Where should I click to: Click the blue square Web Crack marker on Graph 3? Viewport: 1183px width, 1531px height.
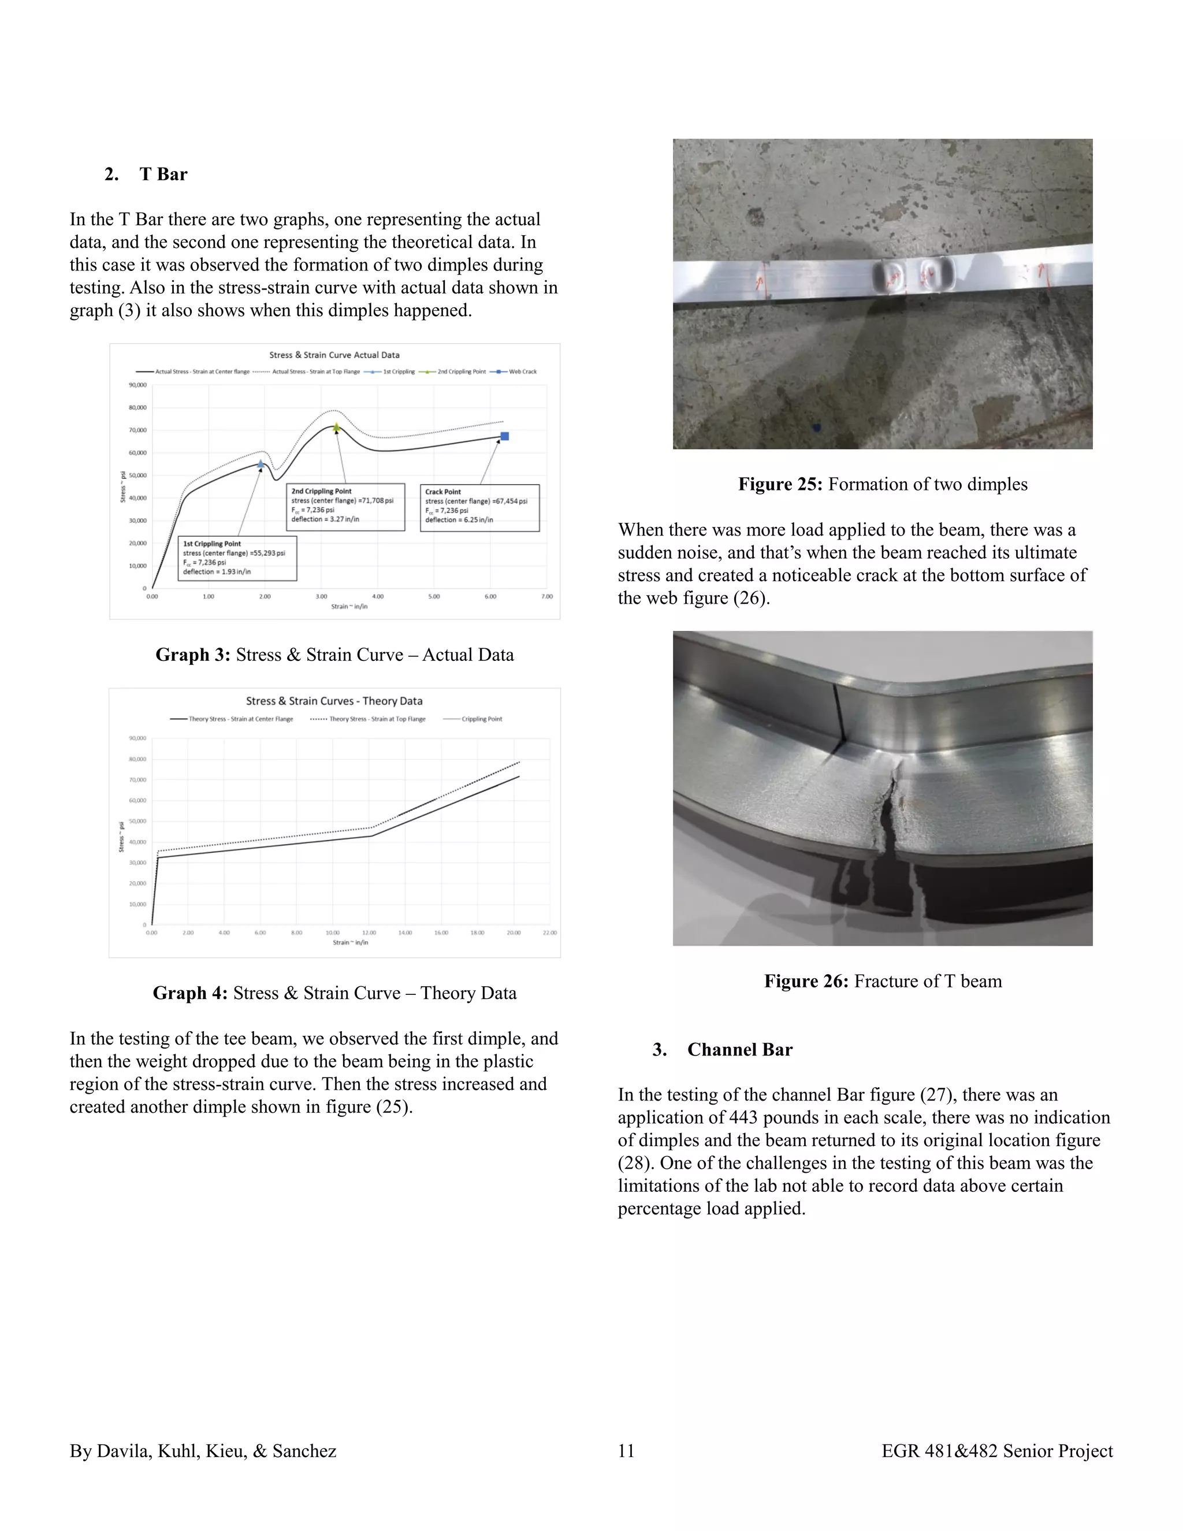point(505,436)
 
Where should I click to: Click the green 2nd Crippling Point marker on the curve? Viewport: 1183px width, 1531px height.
point(336,427)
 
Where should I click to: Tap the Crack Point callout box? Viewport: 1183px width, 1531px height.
point(479,507)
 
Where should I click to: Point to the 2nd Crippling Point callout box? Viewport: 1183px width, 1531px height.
point(345,506)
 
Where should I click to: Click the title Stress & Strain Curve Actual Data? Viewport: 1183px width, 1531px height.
point(334,355)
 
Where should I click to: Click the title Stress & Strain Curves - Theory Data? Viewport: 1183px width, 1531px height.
point(334,701)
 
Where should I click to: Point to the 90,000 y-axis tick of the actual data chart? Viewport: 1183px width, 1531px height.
point(137,385)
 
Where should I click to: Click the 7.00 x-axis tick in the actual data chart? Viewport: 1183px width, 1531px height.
point(546,597)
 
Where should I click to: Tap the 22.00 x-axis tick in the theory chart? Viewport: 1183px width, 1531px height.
point(549,932)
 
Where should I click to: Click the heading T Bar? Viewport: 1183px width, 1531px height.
point(163,174)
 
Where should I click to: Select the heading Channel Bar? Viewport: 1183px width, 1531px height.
point(739,1049)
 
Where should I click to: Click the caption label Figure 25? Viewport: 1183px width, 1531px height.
point(780,484)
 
